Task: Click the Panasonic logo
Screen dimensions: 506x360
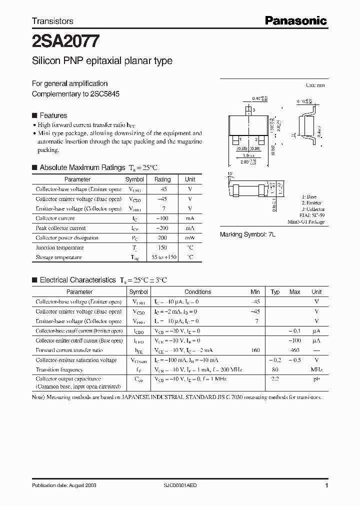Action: [295, 20]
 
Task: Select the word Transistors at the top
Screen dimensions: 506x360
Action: [52, 21]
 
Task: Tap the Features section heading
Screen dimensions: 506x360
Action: [53, 115]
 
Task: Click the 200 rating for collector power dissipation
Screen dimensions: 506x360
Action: [162, 238]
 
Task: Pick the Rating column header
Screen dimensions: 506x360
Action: [162, 179]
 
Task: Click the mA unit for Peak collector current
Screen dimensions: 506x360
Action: [190, 228]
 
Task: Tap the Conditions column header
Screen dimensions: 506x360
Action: [198, 292]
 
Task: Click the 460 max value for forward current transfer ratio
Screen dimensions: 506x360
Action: [294, 350]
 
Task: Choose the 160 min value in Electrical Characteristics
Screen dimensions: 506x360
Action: [255, 350]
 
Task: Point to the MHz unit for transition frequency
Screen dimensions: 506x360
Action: [316, 370]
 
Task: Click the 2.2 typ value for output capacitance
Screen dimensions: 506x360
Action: [275, 379]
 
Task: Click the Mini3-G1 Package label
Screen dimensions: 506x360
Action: [306, 221]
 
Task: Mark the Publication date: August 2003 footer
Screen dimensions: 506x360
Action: [64, 485]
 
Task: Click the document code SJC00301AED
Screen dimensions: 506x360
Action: [183, 485]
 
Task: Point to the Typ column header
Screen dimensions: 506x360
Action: [275, 292]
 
